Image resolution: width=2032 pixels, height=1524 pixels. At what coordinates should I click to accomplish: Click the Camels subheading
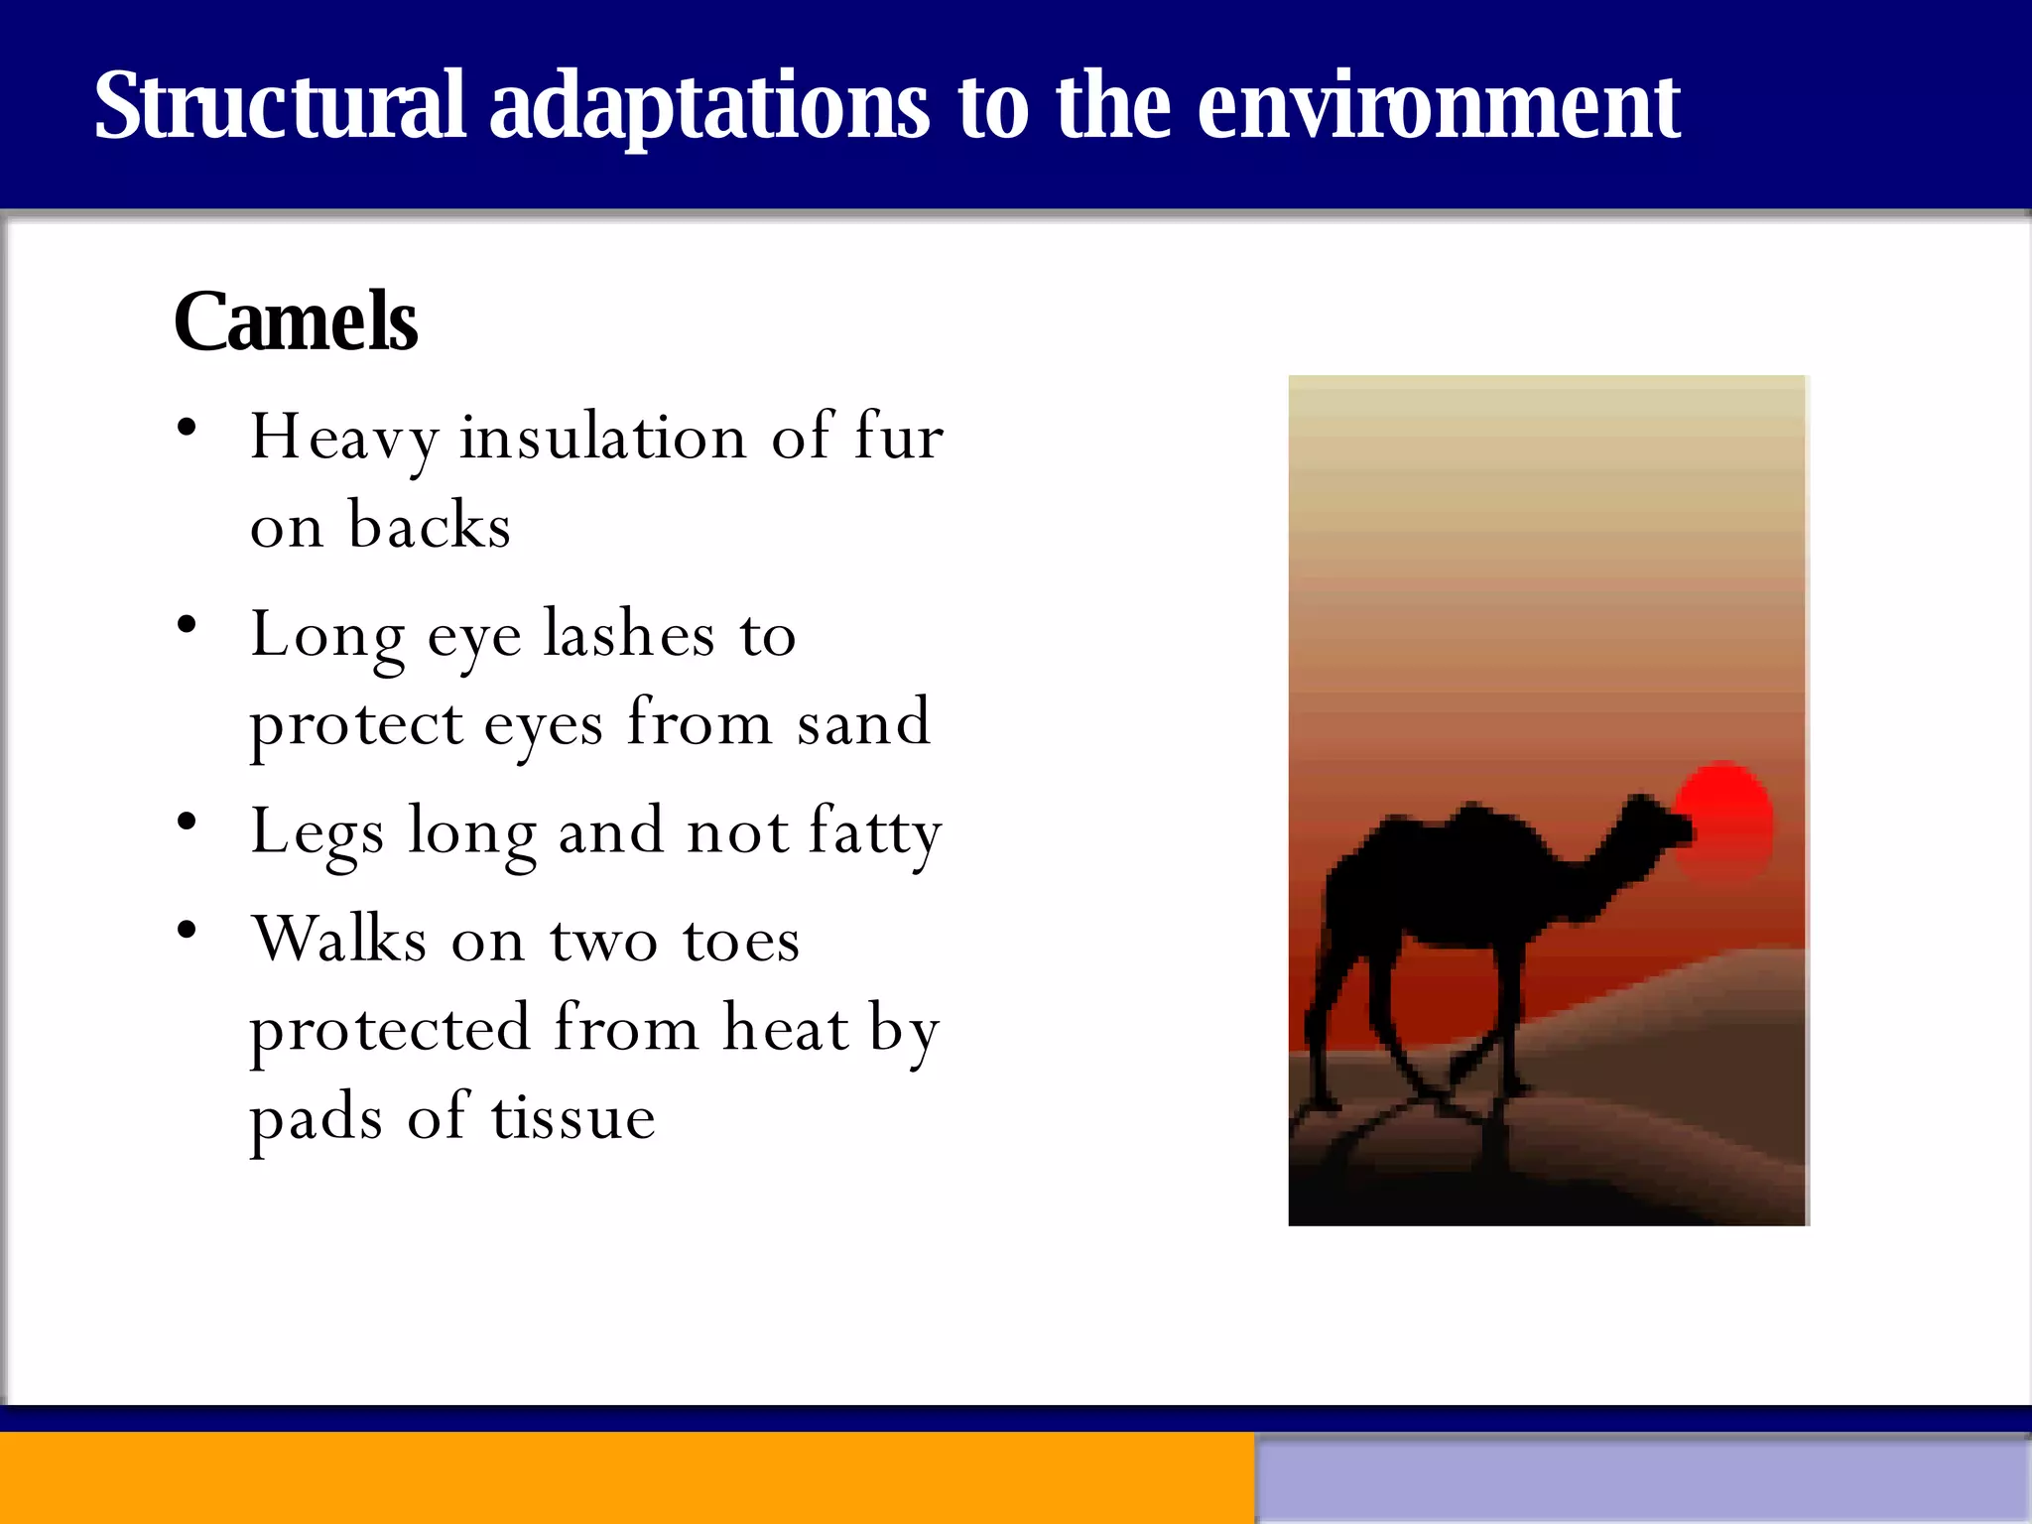pos(296,321)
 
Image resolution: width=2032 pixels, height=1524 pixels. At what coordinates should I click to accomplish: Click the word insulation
pos(602,437)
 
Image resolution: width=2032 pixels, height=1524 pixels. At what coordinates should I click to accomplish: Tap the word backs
pos(429,525)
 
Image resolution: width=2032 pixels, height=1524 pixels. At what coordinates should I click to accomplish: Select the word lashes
pos(629,634)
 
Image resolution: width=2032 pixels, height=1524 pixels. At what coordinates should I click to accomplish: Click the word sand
pos(863,722)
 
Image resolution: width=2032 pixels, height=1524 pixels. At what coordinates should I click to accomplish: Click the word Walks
pos(339,939)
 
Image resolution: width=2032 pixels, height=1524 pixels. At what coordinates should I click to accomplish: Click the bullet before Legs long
pos(187,822)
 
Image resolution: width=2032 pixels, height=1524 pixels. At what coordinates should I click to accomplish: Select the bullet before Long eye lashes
pos(187,625)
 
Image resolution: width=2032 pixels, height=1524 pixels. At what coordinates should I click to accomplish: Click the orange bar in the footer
pos(625,1477)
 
